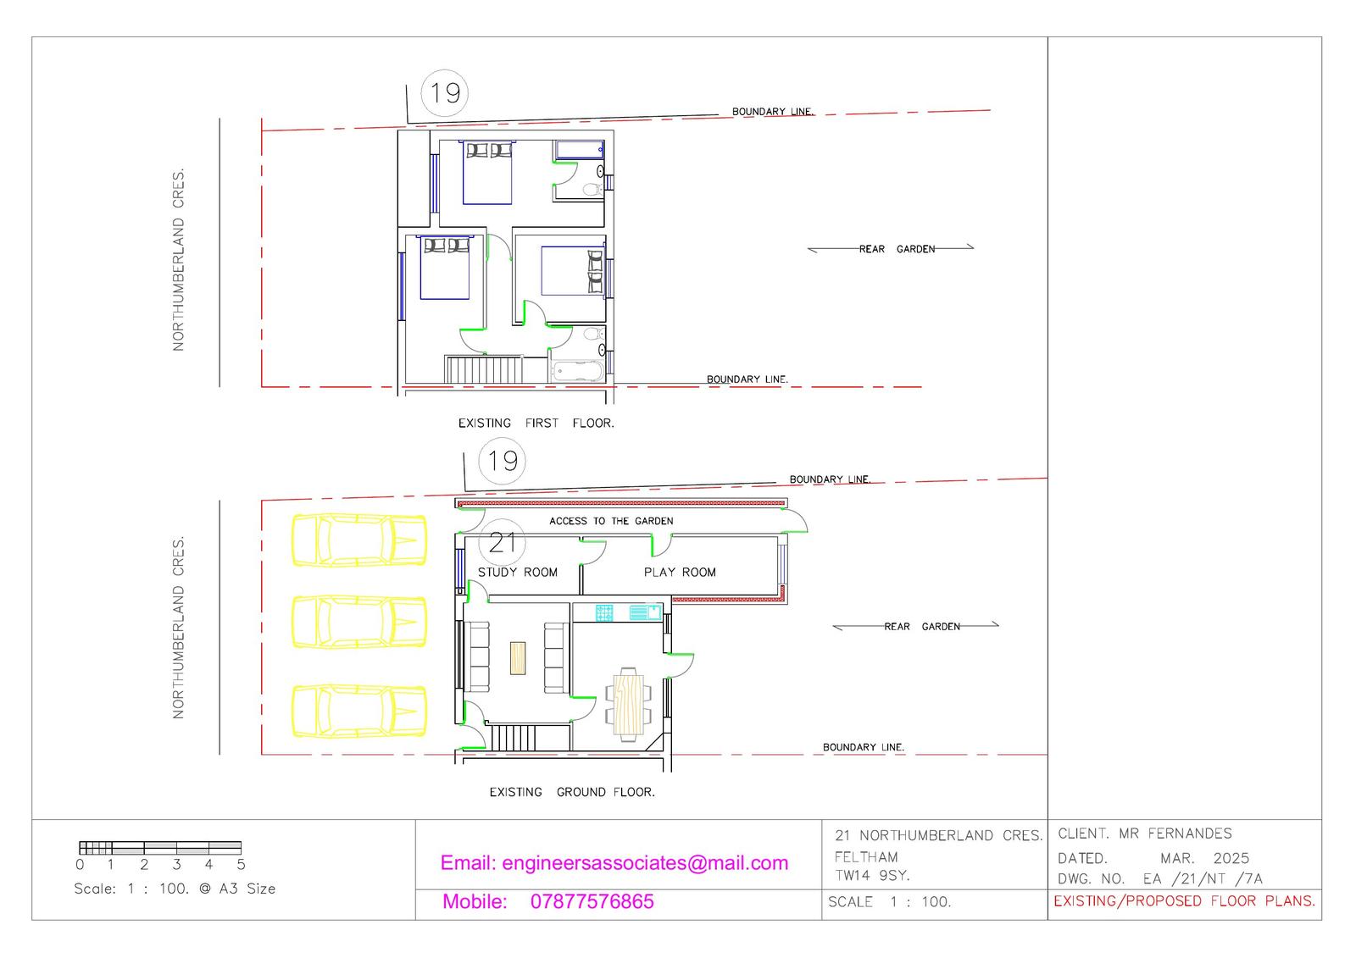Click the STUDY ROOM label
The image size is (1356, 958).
517,573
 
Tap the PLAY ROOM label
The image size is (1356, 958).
680,573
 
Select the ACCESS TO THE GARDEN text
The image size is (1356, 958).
611,521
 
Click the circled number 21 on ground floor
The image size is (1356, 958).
503,542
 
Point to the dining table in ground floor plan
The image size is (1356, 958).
628,702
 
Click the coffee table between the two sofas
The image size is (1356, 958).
518,658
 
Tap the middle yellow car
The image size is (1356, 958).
358,622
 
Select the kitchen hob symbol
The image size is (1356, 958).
604,612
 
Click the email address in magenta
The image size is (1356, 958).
614,863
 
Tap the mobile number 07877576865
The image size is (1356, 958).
592,901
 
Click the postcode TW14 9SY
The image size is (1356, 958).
872,876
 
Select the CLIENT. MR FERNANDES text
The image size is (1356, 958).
1144,833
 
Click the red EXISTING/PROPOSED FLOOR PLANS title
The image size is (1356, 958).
1184,901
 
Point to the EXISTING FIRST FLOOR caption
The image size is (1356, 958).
536,423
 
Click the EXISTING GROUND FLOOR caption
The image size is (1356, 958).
571,792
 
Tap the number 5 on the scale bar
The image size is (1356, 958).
241,865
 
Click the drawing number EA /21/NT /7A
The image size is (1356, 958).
1202,879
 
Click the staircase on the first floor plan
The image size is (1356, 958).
483,370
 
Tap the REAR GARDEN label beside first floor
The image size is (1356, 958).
897,249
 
